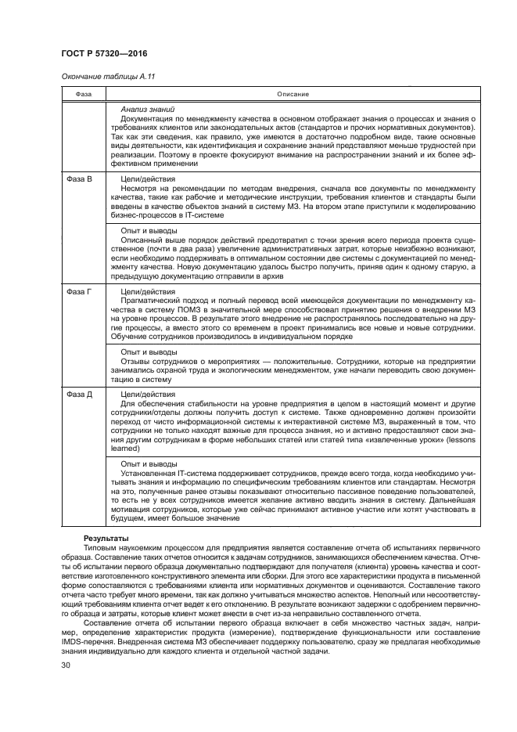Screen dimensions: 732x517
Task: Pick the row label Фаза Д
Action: (79, 394)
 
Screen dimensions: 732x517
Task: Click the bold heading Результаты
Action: (105, 540)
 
